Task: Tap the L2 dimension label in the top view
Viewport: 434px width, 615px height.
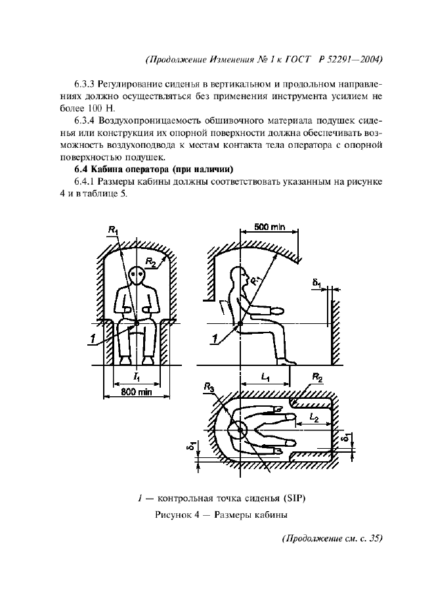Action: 314,417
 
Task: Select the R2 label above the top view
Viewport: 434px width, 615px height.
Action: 316,378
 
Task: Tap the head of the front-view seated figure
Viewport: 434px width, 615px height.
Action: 137,275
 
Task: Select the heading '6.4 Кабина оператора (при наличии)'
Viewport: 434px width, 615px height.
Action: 150,170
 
